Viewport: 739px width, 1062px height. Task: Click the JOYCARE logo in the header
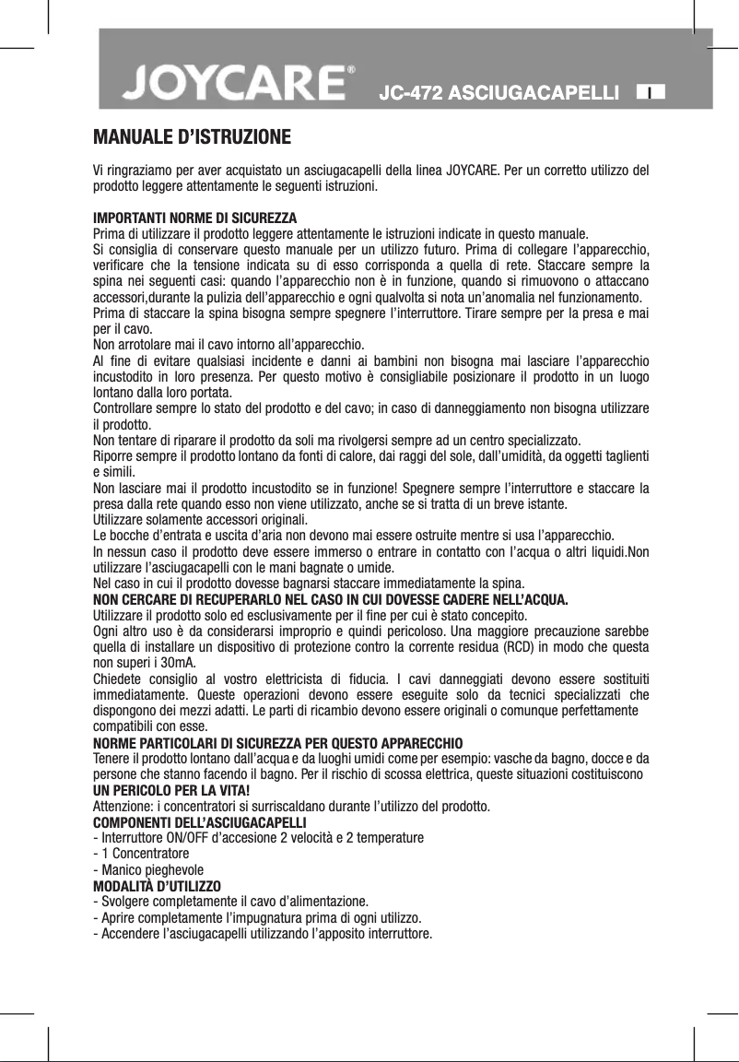pos(235,85)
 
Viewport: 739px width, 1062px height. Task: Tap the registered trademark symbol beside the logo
pos(351,70)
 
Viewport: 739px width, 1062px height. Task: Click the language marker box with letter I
pos(651,92)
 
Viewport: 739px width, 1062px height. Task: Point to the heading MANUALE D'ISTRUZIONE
pos(193,139)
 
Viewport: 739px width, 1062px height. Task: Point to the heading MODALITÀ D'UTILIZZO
pos(163,886)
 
